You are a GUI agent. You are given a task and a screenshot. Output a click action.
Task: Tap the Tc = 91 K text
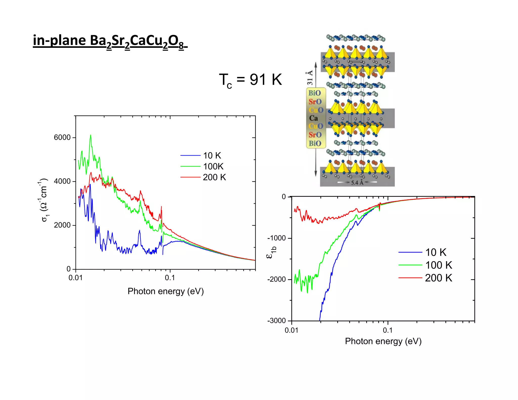coord(250,80)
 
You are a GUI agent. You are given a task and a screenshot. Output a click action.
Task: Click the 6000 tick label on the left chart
coord(62,138)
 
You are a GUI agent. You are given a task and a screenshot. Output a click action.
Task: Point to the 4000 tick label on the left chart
coord(62,181)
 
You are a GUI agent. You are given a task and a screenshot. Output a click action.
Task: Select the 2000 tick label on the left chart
coord(62,225)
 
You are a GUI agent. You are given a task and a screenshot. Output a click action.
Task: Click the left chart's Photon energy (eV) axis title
coord(165,291)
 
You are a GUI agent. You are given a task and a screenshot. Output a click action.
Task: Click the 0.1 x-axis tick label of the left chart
coord(170,278)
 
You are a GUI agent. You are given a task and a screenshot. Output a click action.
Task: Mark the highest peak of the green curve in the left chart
coord(91,135)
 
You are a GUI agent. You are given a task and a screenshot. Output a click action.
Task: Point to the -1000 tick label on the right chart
coord(276,238)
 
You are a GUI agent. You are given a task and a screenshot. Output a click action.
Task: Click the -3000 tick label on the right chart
coord(276,321)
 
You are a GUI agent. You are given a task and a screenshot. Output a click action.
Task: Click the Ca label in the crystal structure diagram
coord(313,118)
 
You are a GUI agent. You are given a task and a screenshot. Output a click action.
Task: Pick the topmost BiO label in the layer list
coord(314,93)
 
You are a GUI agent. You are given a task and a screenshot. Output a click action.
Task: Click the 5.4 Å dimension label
coord(357,183)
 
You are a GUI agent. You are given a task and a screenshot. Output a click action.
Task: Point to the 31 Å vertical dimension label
coord(310,78)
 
